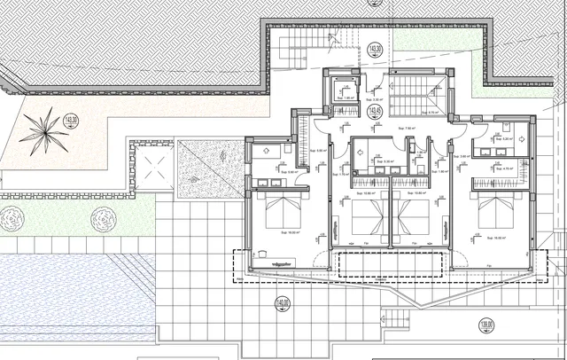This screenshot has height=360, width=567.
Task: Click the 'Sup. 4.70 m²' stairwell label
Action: (432, 113)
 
